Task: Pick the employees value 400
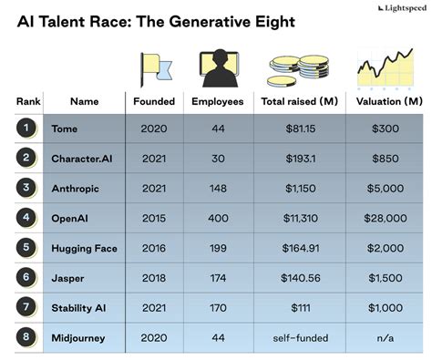point(217,218)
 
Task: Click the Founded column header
point(153,100)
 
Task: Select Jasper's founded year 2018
point(153,278)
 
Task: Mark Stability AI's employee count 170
point(217,308)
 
